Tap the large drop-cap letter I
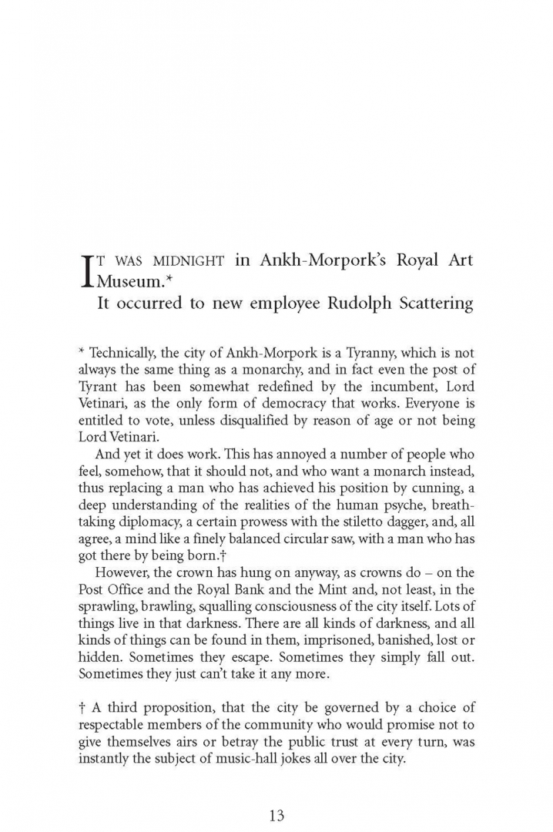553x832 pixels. tap(86, 270)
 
